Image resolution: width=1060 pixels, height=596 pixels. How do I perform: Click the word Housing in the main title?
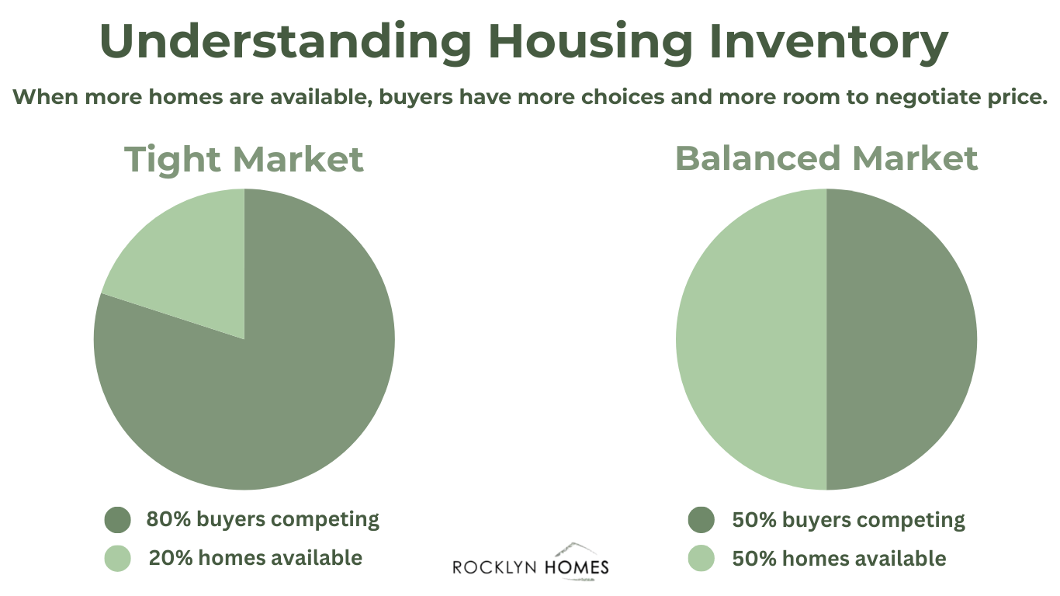point(590,43)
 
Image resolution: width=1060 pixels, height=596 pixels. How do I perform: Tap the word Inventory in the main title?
point(828,43)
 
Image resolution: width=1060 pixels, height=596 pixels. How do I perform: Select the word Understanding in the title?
point(285,43)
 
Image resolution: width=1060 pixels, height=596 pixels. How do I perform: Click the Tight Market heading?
point(244,160)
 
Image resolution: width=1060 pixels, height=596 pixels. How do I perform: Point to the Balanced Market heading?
point(826,158)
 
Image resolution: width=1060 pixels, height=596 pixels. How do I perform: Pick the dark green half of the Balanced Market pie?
point(902,339)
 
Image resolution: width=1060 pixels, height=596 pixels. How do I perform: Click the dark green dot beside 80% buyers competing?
point(117,520)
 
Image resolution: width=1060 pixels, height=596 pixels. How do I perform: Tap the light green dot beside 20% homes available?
point(117,558)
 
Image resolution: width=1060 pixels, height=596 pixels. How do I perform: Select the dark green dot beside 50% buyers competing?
point(701,520)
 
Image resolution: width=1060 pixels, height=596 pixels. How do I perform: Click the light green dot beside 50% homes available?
point(701,558)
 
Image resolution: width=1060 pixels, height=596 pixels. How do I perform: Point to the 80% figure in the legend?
point(168,519)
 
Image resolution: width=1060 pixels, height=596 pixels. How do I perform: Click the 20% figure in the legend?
point(171,558)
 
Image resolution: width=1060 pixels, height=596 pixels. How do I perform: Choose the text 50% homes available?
point(839,559)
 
